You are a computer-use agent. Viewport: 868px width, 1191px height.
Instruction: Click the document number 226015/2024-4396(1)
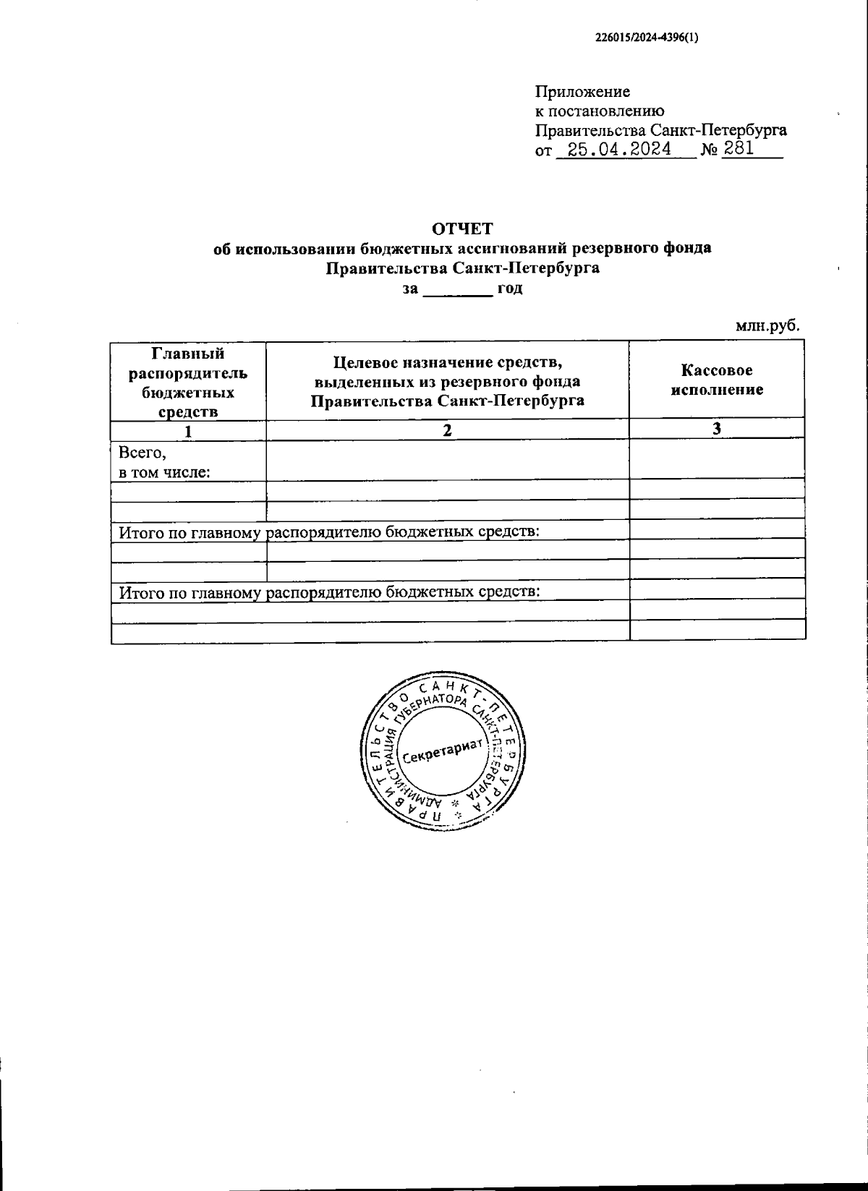point(647,40)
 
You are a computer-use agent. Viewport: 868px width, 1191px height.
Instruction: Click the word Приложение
point(582,92)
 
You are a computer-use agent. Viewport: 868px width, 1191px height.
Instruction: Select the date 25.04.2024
point(620,150)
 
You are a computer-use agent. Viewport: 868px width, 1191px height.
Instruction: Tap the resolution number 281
point(739,149)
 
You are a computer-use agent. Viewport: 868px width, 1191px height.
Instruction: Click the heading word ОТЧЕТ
point(462,229)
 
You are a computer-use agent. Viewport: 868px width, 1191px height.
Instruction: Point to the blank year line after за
point(456,289)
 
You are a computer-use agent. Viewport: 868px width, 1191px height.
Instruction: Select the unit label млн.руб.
point(767,326)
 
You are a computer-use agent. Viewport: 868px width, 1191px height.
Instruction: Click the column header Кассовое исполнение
point(717,380)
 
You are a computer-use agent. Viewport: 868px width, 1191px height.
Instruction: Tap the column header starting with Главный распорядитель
point(188,383)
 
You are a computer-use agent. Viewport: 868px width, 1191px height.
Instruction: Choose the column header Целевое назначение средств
point(447,380)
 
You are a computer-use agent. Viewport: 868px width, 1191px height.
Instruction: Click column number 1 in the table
point(188,431)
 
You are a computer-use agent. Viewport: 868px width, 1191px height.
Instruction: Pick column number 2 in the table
point(447,431)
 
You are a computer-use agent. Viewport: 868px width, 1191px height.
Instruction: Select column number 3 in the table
point(716,429)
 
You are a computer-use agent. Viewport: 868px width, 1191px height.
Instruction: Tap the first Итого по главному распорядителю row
point(330,532)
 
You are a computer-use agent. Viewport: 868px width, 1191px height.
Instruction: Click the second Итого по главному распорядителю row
point(330,592)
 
